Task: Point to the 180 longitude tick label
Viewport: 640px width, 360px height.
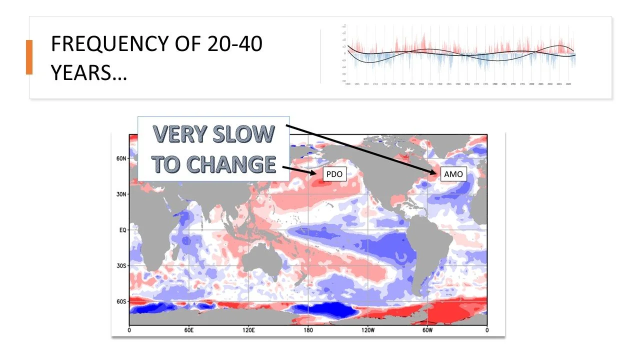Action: coord(308,330)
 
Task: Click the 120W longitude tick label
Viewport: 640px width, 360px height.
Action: coord(367,330)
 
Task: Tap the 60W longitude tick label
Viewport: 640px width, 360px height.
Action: coord(427,330)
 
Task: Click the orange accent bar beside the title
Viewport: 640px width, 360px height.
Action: coord(29,57)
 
